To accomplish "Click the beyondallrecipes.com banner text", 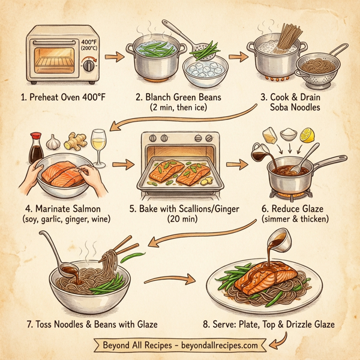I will point(180,346).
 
